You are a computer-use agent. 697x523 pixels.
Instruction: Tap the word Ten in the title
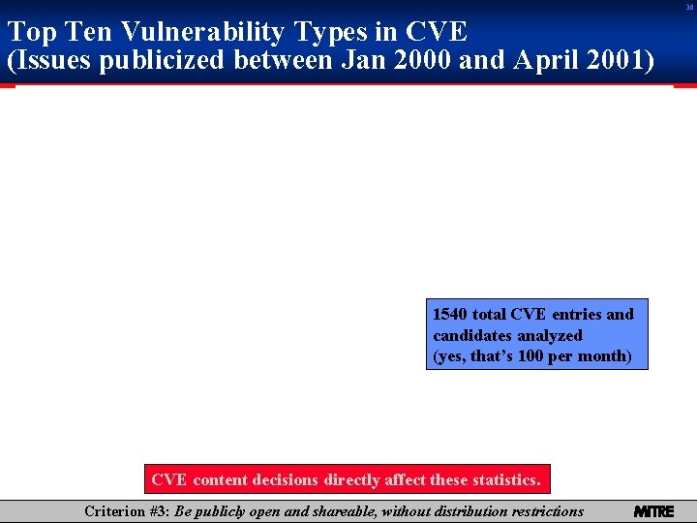95,32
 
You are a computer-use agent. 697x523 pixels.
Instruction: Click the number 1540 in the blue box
450,314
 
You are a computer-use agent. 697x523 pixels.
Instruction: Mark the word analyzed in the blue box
550,335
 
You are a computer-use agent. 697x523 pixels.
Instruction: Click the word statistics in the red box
507,479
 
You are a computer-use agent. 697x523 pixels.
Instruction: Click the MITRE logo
653,511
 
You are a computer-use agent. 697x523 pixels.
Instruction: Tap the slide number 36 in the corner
689,7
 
